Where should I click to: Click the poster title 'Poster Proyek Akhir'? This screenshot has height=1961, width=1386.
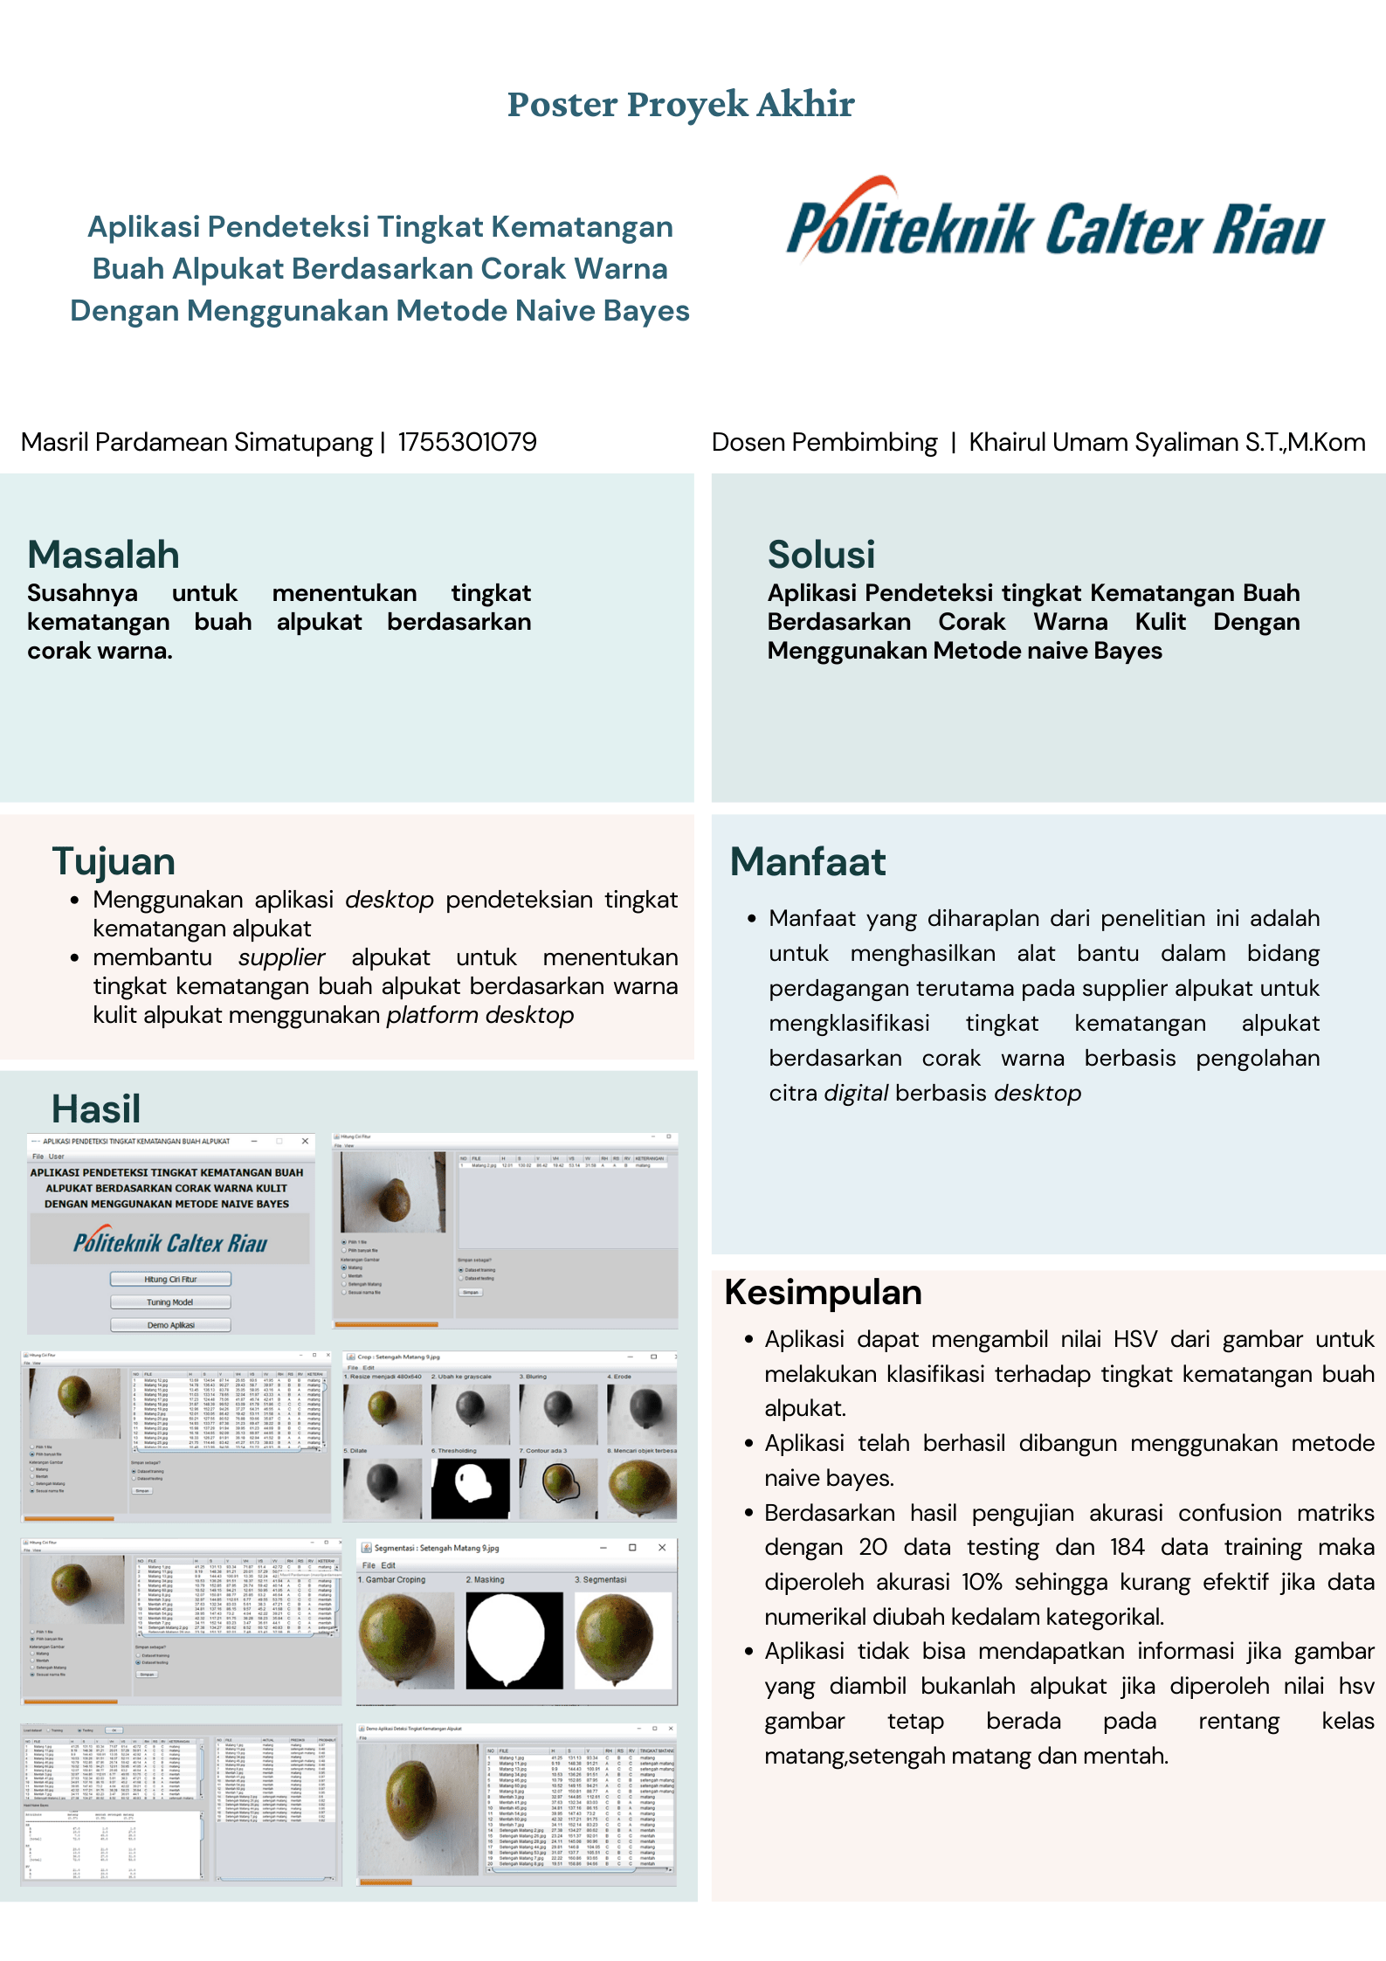pos(680,104)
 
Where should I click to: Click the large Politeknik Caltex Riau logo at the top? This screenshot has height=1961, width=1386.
pos(1055,224)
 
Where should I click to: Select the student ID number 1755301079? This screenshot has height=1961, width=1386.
pos(467,442)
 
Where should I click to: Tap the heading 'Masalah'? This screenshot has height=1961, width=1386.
pos(103,555)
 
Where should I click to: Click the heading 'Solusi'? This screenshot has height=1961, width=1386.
pos(821,555)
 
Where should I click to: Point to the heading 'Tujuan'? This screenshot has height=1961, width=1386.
pos(114,861)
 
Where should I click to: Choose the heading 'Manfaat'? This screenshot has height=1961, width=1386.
pos(808,861)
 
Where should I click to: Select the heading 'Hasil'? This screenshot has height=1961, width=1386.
pos(96,1109)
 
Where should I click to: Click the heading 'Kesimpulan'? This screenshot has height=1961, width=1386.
pos(823,1292)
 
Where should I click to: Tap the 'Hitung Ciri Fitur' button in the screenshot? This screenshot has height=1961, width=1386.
pos(170,1279)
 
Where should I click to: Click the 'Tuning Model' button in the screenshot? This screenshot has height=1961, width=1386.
pos(170,1302)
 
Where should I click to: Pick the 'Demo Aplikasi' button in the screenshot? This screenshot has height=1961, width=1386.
pos(170,1324)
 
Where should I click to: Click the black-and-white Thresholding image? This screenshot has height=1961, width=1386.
pos(470,1488)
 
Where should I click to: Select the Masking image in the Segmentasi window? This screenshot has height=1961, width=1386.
pos(514,1640)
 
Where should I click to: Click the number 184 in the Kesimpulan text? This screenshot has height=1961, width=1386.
pos(1127,1547)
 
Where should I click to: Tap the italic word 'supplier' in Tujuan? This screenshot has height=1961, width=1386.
pos(281,957)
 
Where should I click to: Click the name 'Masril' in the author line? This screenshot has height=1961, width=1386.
pos(54,442)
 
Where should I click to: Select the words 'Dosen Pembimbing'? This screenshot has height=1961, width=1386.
pos(824,442)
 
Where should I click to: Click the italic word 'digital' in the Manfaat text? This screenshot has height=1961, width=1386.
pos(856,1093)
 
